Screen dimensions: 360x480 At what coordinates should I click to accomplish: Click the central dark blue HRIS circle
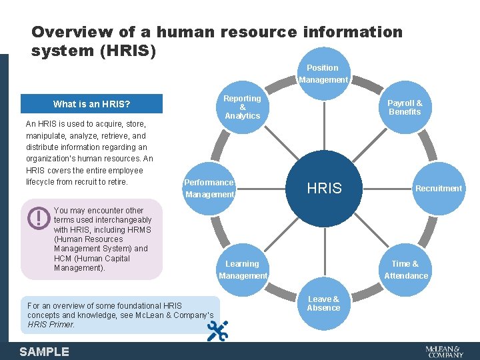324,189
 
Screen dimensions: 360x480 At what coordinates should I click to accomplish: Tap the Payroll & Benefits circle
405,107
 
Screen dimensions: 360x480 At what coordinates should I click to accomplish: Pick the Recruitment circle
438,189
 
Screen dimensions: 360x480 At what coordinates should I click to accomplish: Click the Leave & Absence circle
323,304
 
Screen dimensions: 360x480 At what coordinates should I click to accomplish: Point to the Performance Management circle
209,189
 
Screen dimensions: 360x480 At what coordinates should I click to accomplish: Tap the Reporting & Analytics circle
242,107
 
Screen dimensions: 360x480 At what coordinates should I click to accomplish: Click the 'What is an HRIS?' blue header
91,104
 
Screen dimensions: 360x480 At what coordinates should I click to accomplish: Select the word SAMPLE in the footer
44,351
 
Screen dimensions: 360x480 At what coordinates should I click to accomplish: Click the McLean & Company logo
444,351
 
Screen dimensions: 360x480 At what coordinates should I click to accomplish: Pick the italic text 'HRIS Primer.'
51,325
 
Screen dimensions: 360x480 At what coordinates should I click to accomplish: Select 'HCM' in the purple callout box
63,258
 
